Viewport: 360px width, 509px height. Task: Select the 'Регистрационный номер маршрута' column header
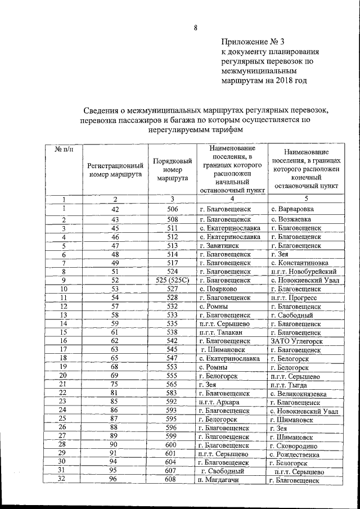point(114,169)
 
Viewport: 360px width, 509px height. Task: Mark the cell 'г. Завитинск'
point(222,245)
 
